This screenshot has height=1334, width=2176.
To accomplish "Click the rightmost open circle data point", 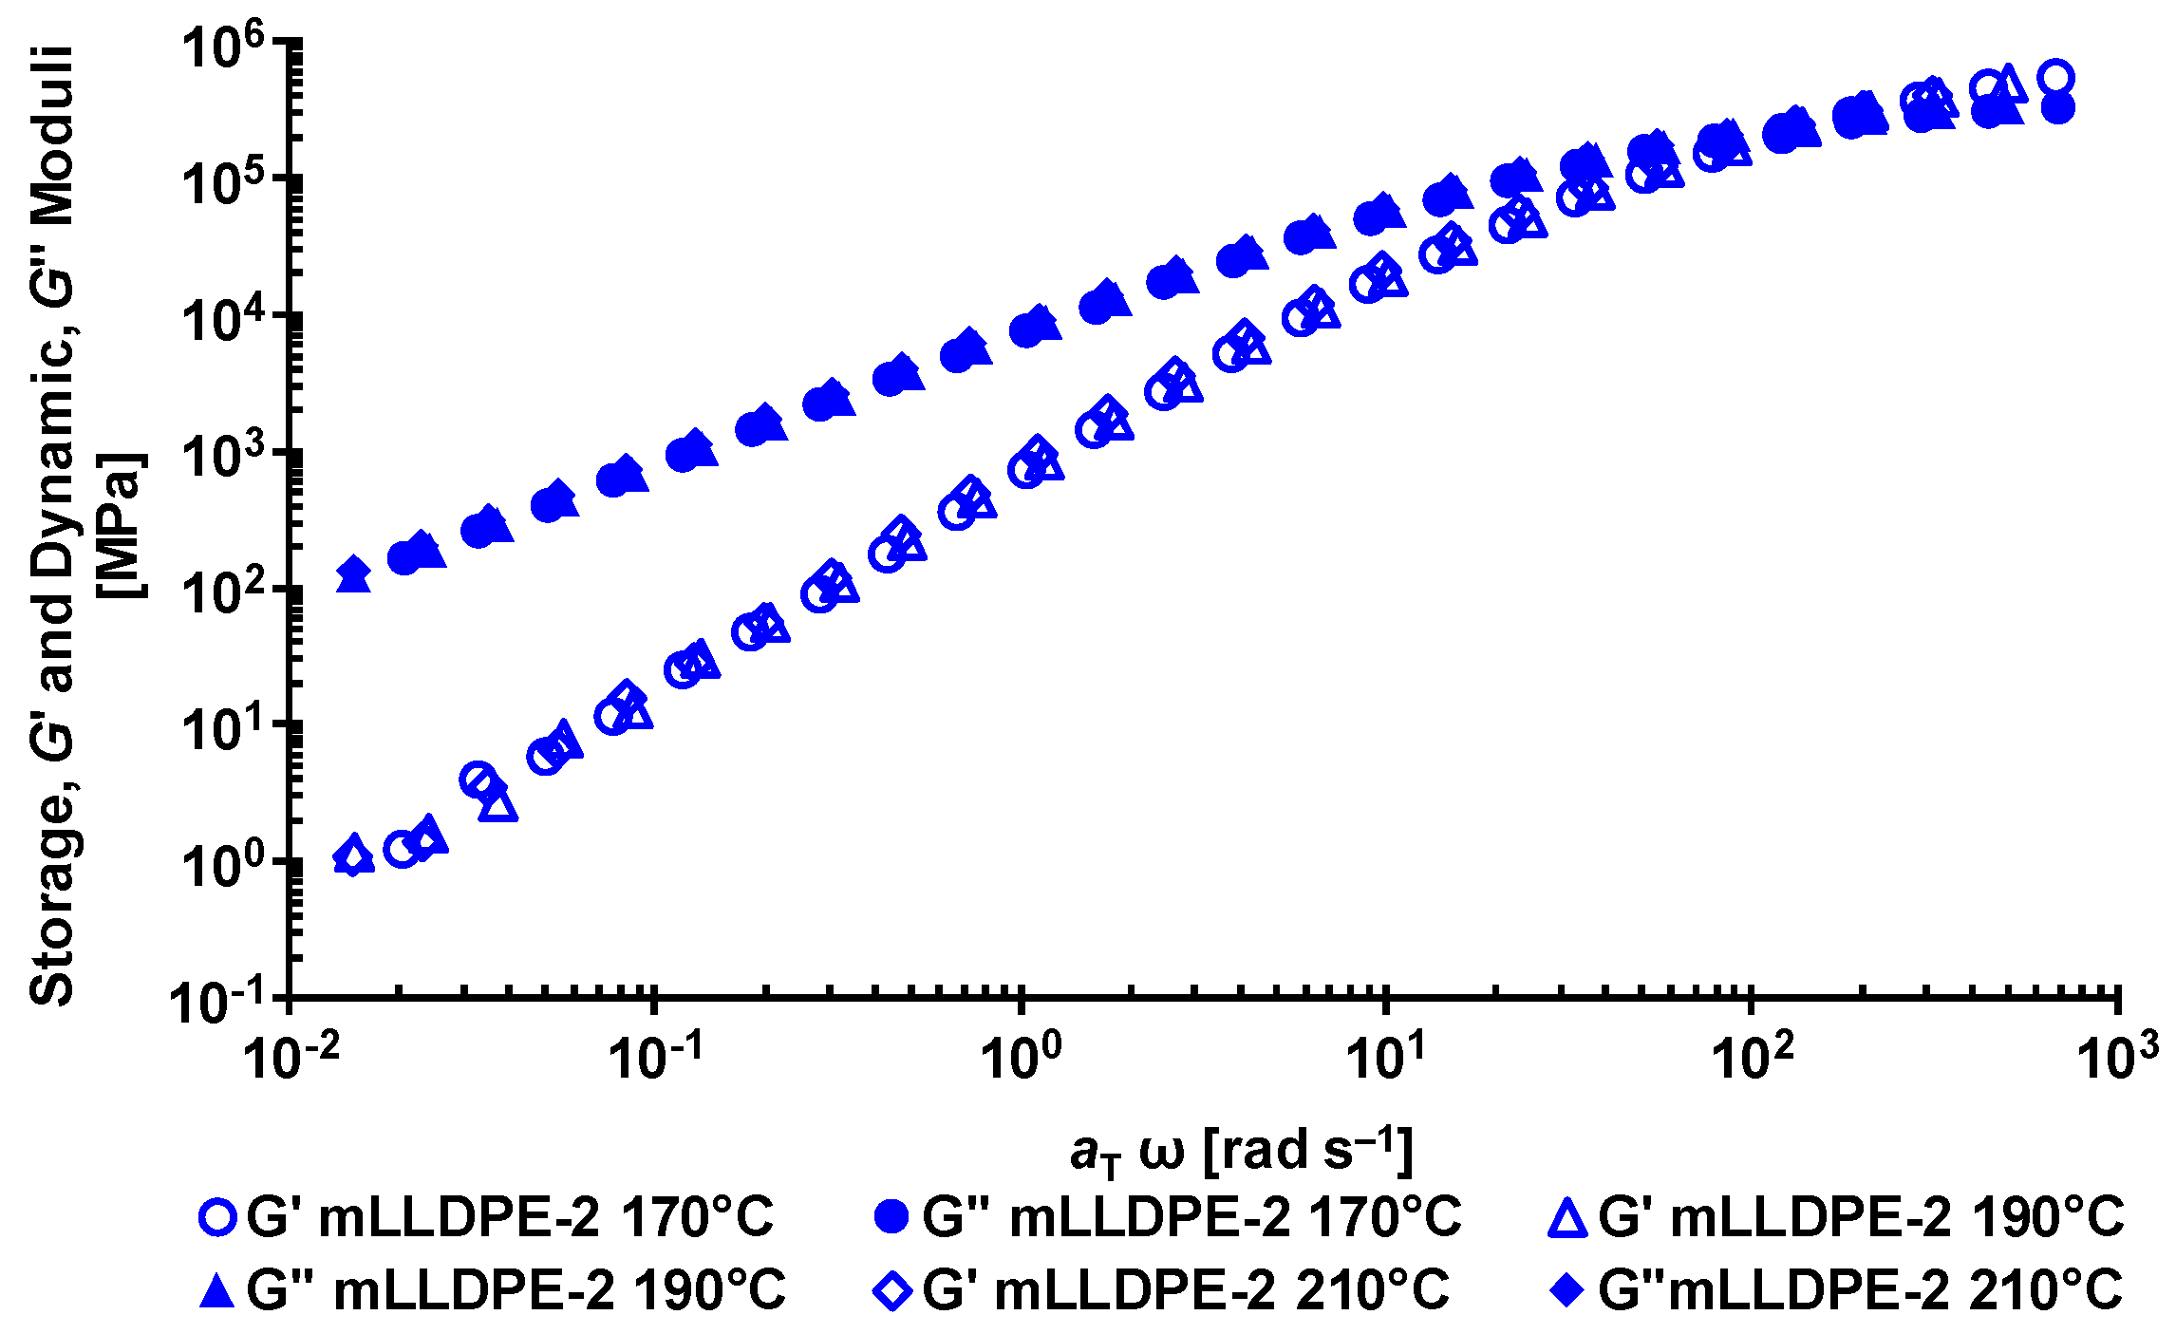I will pos(2056,78).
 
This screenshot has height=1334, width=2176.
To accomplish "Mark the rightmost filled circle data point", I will pos(2057,108).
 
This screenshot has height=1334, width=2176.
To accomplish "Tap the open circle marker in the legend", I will pos(218,1218).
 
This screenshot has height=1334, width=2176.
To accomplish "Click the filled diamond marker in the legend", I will pos(1567,1291).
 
